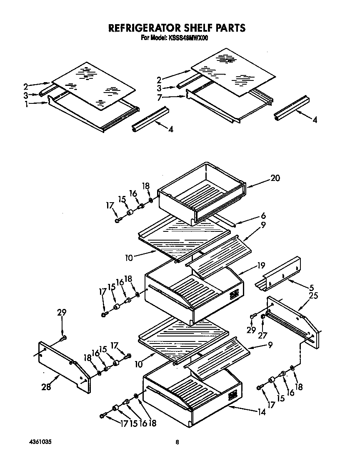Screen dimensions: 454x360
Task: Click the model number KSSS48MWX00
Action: click(x=189, y=38)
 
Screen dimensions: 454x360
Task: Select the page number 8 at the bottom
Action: click(x=177, y=442)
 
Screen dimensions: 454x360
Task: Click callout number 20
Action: click(x=275, y=178)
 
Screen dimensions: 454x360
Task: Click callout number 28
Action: click(x=46, y=387)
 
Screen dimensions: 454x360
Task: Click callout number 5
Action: click(x=312, y=288)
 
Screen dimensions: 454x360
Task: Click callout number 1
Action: click(x=26, y=105)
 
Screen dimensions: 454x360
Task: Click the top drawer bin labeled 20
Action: click(x=202, y=192)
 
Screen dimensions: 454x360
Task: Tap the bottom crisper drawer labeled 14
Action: click(x=192, y=396)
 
